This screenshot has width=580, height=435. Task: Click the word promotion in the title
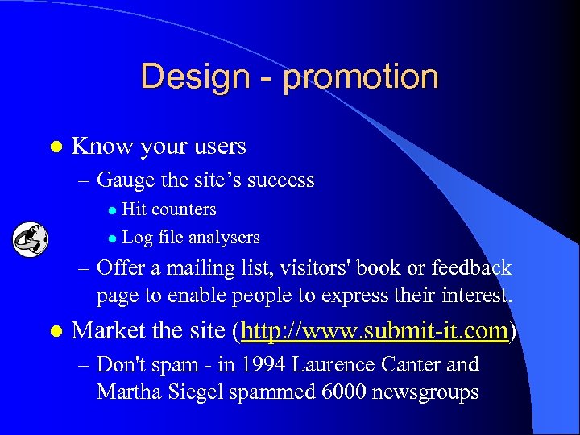pos(361,77)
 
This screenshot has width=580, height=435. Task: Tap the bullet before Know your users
pos(55,147)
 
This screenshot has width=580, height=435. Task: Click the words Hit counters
pos(168,209)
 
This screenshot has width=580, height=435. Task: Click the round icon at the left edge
pos(30,238)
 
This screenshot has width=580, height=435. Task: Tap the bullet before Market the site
pos(55,331)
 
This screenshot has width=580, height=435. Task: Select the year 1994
pos(258,364)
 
